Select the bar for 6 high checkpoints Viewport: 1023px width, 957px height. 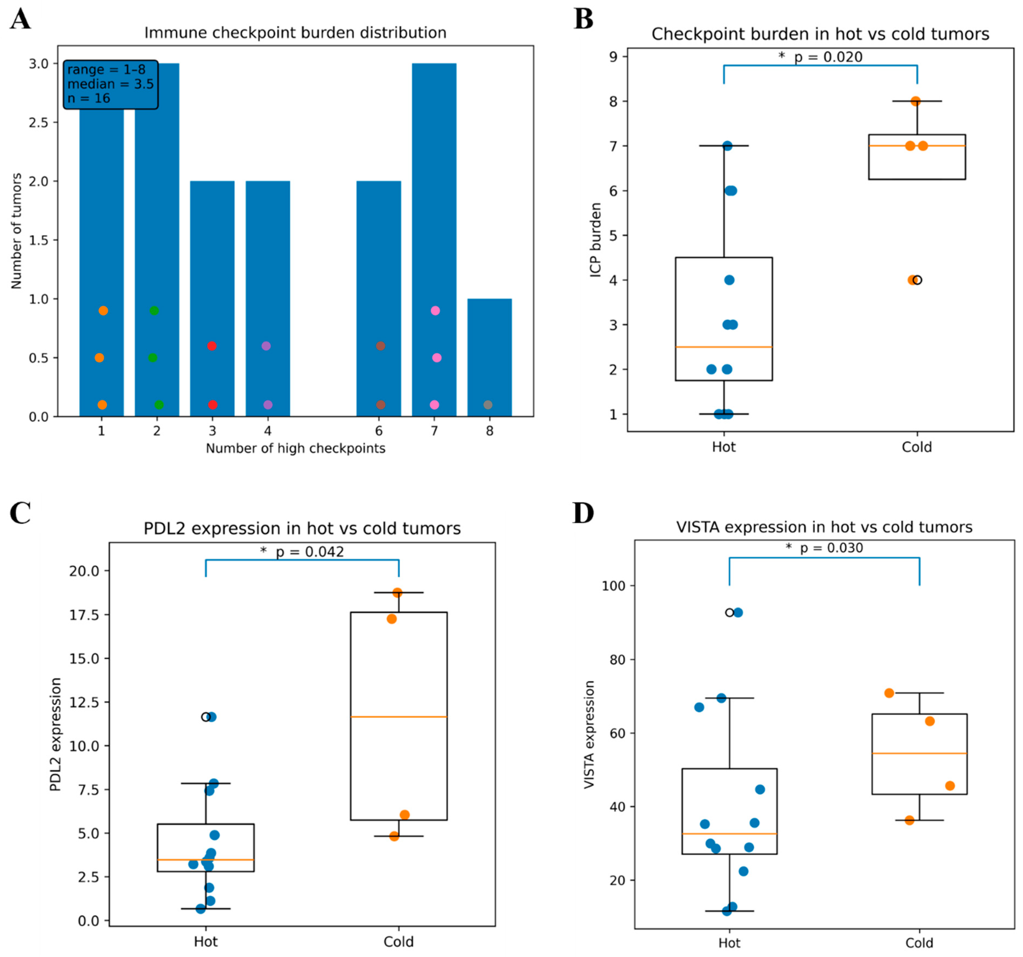coord(379,299)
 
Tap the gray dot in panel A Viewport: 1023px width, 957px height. coord(488,405)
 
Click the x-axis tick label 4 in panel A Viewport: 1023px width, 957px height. coord(268,431)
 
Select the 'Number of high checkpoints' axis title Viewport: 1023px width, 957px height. coord(295,448)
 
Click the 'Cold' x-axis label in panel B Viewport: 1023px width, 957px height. coord(917,447)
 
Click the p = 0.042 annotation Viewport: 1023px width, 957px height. coord(302,552)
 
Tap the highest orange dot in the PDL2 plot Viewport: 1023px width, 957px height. coord(397,592)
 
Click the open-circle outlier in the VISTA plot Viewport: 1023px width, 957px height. coord(729,613)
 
